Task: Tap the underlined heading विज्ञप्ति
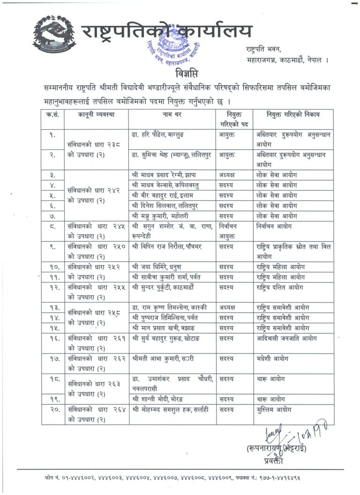(x=180, y=75)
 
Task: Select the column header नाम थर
(x=172, y=114)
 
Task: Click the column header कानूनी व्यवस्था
(x=96, y=114)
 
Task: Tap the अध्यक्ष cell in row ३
(x=229, y=174)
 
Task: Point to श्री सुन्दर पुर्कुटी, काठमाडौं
(x=166, y=287)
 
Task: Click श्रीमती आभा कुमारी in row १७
(x=163, y=358)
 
